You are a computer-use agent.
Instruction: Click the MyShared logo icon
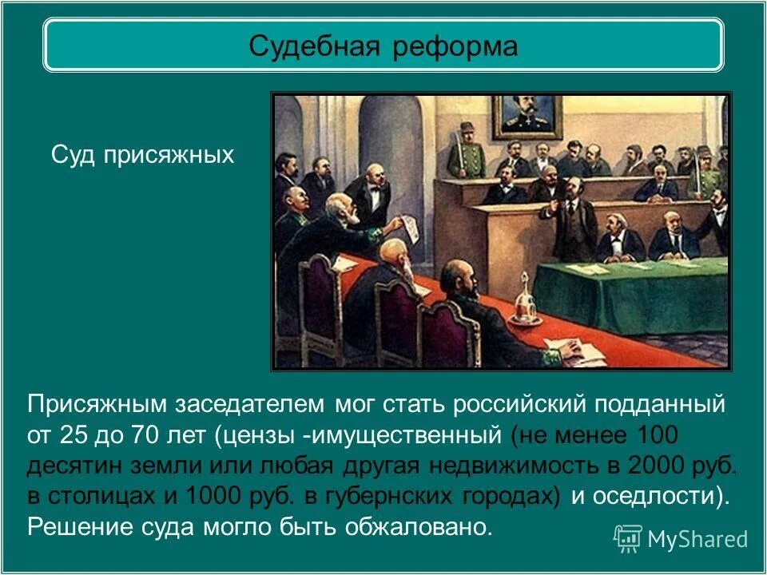point(627,538)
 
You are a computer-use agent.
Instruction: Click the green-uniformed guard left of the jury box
point(465,156)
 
